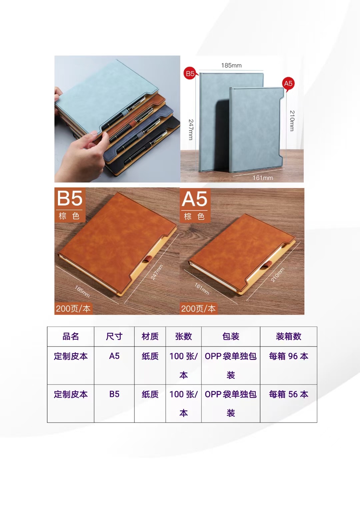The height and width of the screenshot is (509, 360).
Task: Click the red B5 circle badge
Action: click(190, 73)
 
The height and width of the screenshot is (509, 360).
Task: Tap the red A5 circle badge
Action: click(288, 84)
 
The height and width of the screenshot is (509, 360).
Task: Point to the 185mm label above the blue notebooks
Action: click(231, 65)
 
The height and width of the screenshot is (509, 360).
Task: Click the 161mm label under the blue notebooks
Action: click(263, 178)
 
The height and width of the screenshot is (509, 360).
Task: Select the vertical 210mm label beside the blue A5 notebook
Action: click(292, 121)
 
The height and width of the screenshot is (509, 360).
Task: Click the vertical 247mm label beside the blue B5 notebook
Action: click(191, 129)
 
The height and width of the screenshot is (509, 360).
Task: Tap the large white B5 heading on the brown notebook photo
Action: click(70, 198)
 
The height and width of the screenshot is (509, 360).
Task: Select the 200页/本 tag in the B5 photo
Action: click(73, 309)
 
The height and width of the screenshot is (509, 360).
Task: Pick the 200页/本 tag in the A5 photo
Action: click(198, 309)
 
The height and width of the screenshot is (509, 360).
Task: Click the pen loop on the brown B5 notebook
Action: click(149, 259)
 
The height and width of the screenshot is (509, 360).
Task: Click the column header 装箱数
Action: click(288, 336)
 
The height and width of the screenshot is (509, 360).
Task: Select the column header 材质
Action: click(150, 336)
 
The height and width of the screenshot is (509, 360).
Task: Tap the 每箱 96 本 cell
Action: click(288, 356)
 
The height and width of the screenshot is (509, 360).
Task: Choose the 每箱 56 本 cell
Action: click(288, 394)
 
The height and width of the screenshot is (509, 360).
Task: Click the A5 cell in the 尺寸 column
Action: click(114, 356)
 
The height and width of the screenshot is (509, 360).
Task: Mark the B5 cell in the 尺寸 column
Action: click(114, 394)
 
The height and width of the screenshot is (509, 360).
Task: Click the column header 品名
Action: click(71, 336)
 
